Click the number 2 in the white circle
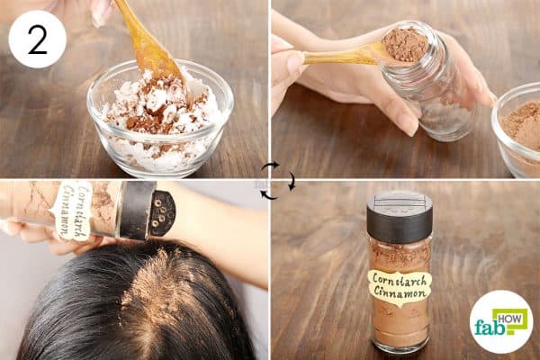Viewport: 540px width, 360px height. click(37, 39)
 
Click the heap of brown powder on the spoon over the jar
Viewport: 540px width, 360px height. click(406, 44)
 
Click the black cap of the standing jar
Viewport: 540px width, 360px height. click(400, 217)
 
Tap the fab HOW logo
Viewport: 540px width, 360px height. click(500, 320)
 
